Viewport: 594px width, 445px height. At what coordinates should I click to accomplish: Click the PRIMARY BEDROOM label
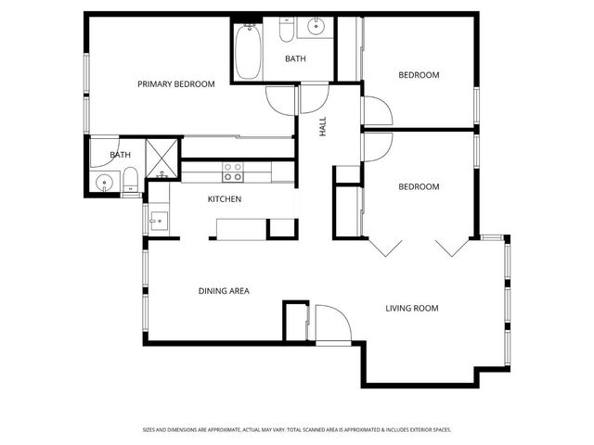coord(175,84)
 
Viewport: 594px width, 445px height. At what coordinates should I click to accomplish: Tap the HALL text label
coord(324,129)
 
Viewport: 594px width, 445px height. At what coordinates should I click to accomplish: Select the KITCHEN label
coord(225,199)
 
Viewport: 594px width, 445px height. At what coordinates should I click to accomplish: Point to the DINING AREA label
coord(224,291)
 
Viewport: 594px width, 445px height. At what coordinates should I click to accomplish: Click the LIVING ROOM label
coord(412,308)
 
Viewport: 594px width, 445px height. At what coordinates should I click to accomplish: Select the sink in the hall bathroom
coord(316,27)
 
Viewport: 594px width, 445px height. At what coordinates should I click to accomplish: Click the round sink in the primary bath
coord(104,182)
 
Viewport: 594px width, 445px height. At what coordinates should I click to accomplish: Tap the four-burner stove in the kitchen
coord(232,172)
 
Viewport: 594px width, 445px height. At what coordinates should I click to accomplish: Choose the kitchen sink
coord(158,221)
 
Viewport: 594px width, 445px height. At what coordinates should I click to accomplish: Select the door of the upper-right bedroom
coord(376,111)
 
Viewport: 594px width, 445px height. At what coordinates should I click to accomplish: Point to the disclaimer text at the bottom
coord(297,430)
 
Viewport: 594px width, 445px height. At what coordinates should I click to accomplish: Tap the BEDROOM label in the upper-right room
coord(419,75)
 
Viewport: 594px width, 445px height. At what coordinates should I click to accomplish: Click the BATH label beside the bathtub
coord(295,59)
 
